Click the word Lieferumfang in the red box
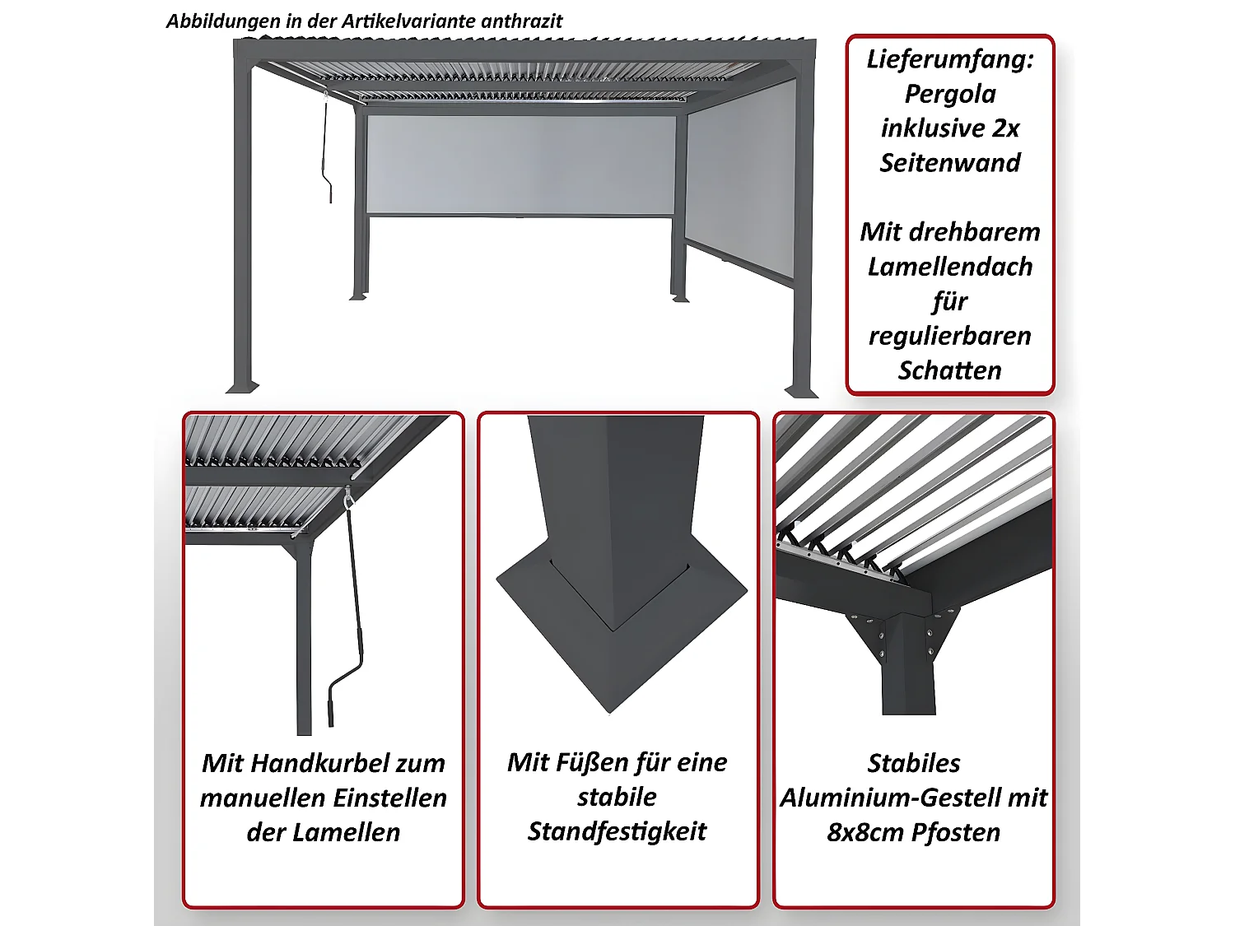point(949,60)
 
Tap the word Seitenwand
point(949,163)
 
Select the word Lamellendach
point(949,267)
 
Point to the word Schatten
point(949,370)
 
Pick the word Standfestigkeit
point(617,831)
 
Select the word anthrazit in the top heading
point(521,21)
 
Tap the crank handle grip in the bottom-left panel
point(331,713)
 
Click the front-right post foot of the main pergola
point(801,391)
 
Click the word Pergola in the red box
point(949,94)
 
